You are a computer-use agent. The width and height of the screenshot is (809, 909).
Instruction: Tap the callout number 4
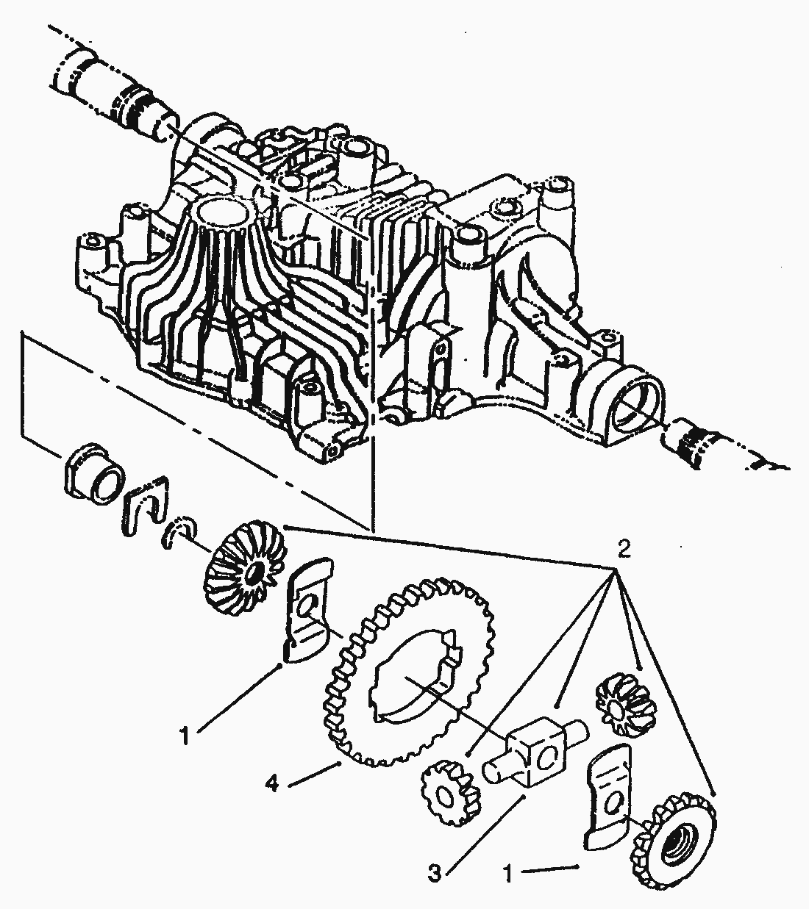point(273,786)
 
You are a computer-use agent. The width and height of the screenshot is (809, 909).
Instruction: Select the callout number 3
point(435,874)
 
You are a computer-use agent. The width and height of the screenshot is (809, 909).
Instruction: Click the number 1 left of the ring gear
point(186,734)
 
